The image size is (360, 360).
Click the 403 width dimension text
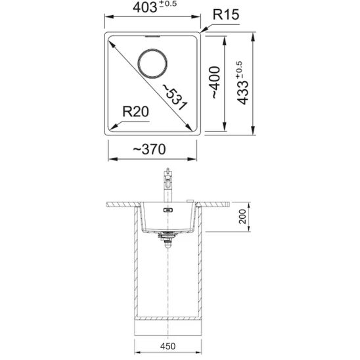(x=145, y=8)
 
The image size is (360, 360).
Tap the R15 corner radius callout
(x=226, y=14)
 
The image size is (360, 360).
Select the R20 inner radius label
(x=136, y=112)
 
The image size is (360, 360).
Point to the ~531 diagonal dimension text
(x=175, y=97)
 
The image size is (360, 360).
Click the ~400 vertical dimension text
(x=215, y=82)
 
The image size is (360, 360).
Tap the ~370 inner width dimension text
(x=150, y=149)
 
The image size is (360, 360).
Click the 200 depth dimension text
(x=242, y=217)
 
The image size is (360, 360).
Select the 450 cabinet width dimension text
(x=168, y=346)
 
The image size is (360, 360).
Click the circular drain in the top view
(x=152, y=49)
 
